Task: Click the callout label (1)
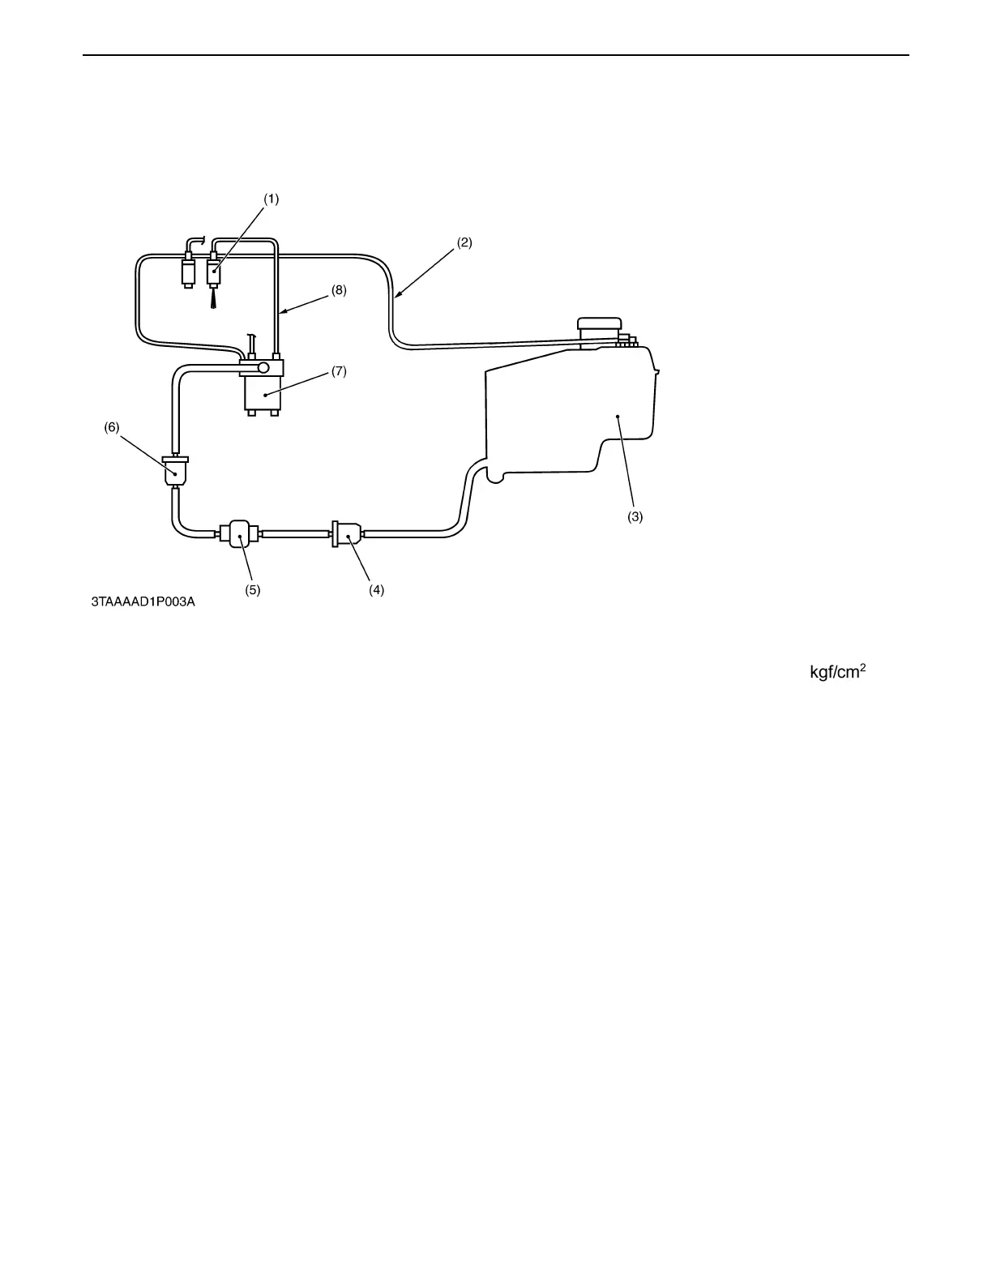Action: (x=271, y=199)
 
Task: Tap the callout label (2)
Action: (x=464, y=242)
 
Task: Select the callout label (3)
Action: (x=635, y=516)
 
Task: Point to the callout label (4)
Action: (x=376, y=590)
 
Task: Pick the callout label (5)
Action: (x=253, y=590)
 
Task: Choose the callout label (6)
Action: (x=112, y=428)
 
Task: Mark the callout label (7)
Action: (x=339, y=371)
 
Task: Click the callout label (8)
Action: (x=339, y=290)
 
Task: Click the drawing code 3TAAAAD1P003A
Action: (x=143, y=602)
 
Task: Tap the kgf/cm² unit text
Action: (x=838, y=673)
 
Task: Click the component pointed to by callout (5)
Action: (x=239, y=533)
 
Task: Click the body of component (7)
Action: (x=263, y=394)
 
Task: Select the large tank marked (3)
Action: (x=575, y=413)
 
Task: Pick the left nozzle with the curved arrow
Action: (x=188, y=268)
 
